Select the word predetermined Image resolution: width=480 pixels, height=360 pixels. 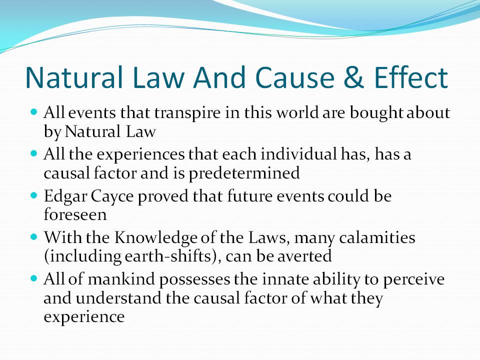pyautogui.click(x=244, y=173)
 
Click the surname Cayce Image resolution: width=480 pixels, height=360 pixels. pyautogui.click(x=112, y=196)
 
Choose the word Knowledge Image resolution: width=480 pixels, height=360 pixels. pyautogui.click(x=156, y=238)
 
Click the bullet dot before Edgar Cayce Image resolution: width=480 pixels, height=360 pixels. pyautogui.click(x=33, y=194)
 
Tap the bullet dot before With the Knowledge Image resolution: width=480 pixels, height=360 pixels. pyautogui.click(x=33, y=236)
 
